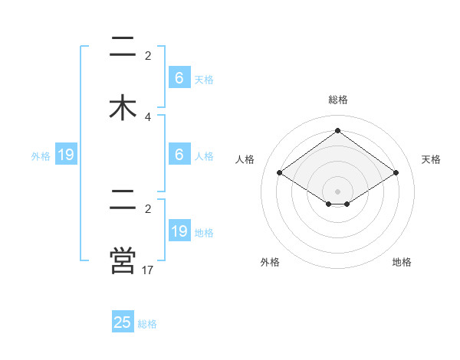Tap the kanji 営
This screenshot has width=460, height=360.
(123, 260)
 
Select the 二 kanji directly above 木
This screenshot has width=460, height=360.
(123, 47)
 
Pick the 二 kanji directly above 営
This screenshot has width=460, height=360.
(123, 200)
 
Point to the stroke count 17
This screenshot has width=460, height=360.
(148, 270)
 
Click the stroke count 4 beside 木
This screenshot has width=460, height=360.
(148, 116)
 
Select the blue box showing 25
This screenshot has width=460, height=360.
(123, 322)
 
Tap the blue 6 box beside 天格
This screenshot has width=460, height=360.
(179, 78)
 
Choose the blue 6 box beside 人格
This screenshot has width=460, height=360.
(179, 155)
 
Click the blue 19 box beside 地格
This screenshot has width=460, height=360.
(179, 231)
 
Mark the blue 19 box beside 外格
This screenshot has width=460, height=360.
(66, 155)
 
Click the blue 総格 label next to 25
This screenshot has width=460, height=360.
(147, 324)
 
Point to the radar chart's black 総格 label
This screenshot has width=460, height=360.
(338, 100)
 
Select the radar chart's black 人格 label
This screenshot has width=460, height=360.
(245, 159)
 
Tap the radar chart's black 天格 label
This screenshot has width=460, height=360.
(431, 159)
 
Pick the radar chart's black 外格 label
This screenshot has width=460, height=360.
(270, 262)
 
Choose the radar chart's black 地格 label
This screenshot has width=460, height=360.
(402, 262)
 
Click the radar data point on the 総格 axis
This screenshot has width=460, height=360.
(338, 131)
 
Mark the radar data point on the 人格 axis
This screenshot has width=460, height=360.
(280, 173)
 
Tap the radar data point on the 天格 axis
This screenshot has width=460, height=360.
(396, 173)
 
